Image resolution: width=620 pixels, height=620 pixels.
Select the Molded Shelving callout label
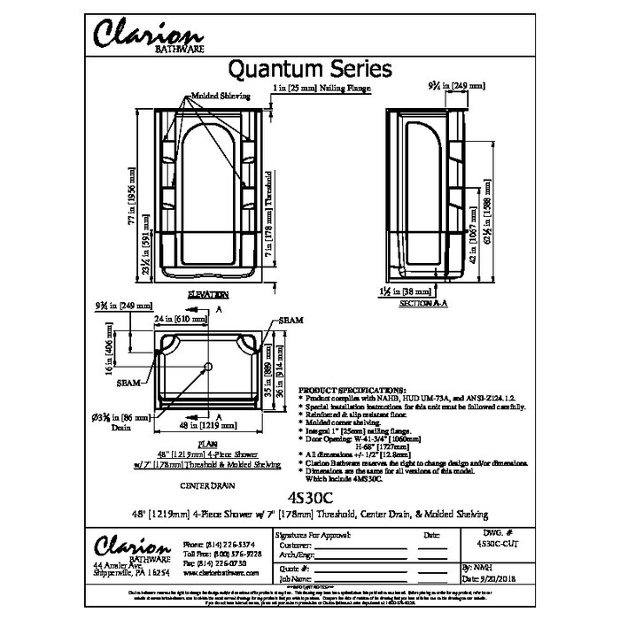pos(220,95)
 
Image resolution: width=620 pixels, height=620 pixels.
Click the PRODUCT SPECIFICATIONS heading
pos(352,390)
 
